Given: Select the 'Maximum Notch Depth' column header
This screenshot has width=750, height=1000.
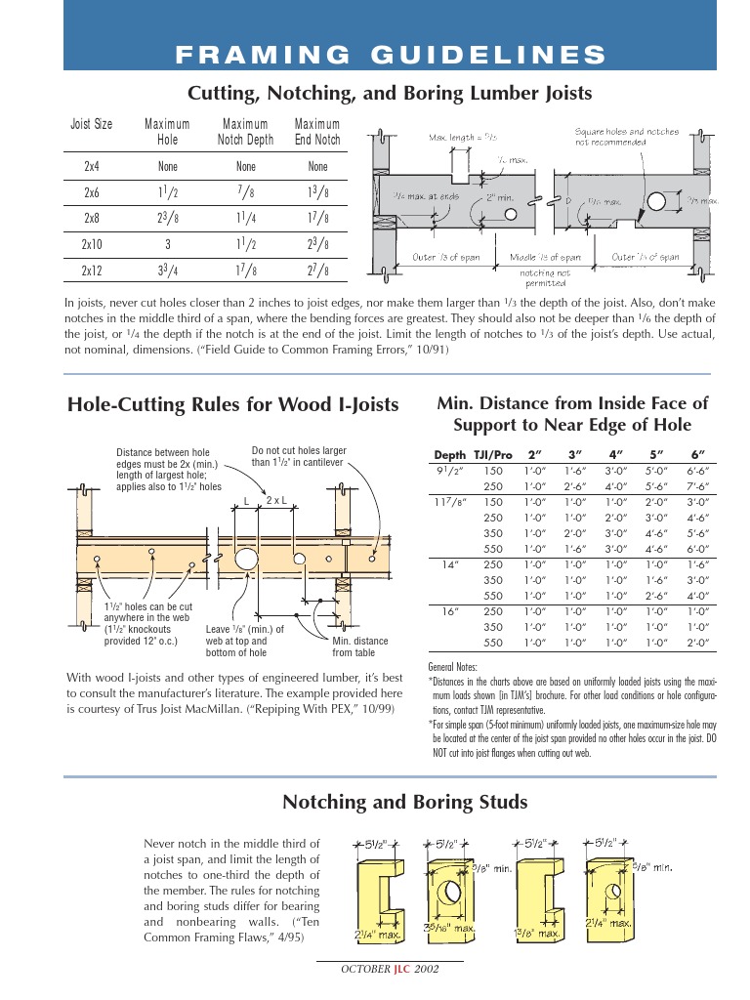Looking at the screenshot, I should tap(245, 132).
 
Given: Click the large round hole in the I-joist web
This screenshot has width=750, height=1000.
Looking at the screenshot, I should tap(246, 559).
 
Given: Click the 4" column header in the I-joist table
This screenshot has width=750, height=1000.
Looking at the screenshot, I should tap(615, 455).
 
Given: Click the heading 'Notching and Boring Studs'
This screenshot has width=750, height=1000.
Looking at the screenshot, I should tap(404, 802).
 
